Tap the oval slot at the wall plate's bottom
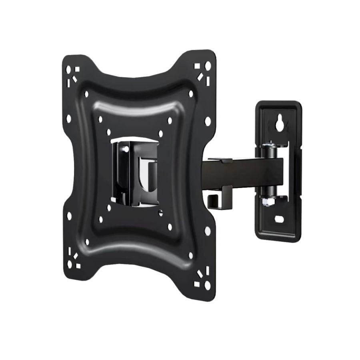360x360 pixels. (x=279, y=219)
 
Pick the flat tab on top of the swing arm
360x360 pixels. (x=220, y=160)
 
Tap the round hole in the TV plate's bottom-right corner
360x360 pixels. (x=207, y=285)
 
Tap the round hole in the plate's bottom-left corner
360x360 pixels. (x=70, y=264)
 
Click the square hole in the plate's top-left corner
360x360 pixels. (x=77, y=69)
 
